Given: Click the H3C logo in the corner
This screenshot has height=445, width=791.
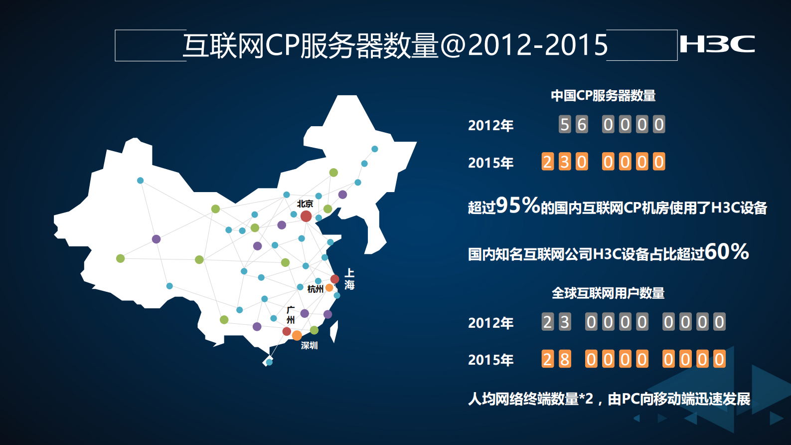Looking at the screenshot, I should pos(717,44).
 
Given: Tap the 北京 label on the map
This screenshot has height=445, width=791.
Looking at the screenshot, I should pos(305,204).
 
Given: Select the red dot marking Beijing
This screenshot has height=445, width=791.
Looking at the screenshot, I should pos(306,216).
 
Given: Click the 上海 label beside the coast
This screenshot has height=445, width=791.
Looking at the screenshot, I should pos(349,279).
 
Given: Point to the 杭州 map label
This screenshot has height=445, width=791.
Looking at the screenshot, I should pos(315,289).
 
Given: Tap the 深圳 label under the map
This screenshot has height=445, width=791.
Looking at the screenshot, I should pos(309,345).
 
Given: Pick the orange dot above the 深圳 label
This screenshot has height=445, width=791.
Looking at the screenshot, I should pos(297,335).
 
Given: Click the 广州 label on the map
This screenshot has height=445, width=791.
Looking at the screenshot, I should pos(291,315).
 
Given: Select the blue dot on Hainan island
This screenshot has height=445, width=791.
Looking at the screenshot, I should pos(269,362).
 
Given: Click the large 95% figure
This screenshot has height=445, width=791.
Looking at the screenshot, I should pos(518,205).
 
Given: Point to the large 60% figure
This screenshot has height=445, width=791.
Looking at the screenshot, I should pos(727,251).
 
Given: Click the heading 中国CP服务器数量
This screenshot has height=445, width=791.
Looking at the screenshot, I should pos(603,95).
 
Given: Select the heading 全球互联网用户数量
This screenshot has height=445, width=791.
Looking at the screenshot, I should pos(608,293).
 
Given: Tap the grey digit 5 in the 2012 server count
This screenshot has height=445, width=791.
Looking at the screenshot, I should pos(565,124).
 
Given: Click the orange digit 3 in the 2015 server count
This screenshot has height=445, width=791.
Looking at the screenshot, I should pos(565,162).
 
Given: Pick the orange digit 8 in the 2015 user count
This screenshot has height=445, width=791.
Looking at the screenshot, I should pos(565,359).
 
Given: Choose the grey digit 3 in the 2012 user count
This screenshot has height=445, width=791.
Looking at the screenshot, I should pos(565,322).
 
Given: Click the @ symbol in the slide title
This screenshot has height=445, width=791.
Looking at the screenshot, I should pos(453,45).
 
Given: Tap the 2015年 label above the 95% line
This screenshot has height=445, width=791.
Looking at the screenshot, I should pos(490,163).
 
